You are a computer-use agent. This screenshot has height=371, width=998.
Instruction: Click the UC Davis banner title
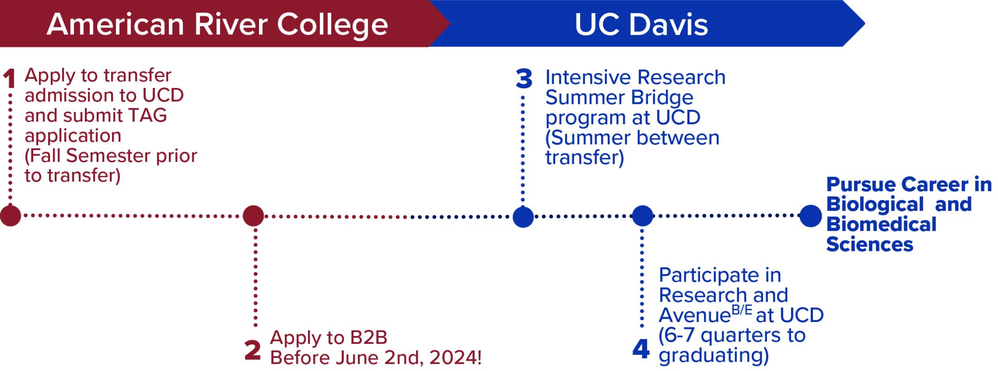pyautogui.click(x=641, y=24)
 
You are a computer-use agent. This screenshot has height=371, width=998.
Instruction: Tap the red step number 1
pyautogui.click(x=9, y=78)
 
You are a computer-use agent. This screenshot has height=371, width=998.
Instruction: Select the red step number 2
pyautogui.click(x=253, y=350)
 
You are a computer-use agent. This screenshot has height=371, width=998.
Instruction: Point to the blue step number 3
pyautogui.click(x=524, y=79)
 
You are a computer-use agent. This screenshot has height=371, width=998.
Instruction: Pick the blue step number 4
pyautogui.click(x=641, y=350)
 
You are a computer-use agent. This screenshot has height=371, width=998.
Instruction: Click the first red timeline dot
pyautogui.click(x=10, y=215)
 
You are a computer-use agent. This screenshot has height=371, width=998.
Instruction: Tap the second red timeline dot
pyautogui.click(x=253, y=215)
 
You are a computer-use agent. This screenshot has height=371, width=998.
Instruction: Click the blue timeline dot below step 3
pyautogui.click(x=523, y=216)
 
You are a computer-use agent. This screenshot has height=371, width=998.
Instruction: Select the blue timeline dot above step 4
pyautogui.click(x=642, y=215)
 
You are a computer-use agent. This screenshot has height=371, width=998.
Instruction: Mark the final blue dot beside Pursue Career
pyautogui.click(x=811, y=215)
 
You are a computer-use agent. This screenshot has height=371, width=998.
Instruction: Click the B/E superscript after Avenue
pyautogui.click(x=742, y=310)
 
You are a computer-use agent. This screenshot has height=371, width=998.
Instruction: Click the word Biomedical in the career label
pyautogui.click(x=881, y=225)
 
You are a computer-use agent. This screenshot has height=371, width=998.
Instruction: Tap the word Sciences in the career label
pyautogui.click(x=869, y=244)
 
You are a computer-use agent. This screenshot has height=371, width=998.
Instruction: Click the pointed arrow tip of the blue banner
pyautogui.click(x=865, y=23)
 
